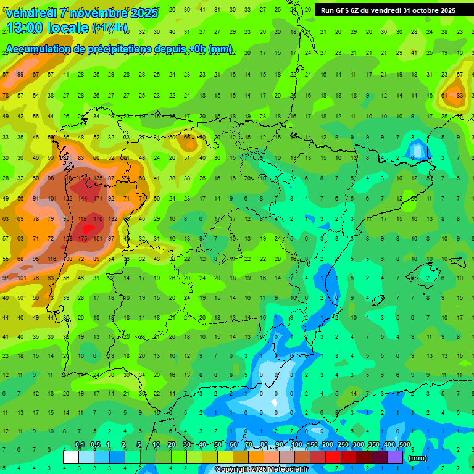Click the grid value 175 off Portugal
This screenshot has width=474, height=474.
[83, 238]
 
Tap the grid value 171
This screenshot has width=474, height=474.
[98, 199]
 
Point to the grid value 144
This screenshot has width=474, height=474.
[83, 199]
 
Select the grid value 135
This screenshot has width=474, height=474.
[98, 178]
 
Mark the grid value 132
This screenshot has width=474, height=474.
[112, 218]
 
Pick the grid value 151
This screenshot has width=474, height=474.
[98, 238]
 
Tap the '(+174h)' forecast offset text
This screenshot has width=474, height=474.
[109, 28]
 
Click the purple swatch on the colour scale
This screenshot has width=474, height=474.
[395, 457]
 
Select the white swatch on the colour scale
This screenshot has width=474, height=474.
[71, 457]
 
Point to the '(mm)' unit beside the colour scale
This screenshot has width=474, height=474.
[417, 458]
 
